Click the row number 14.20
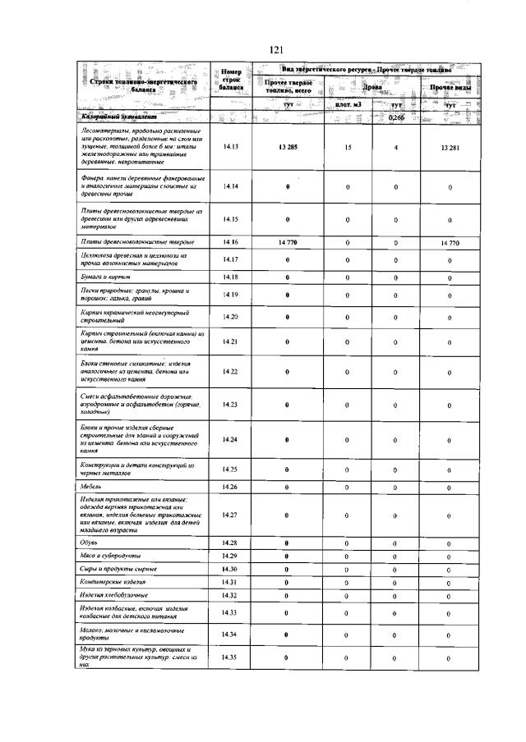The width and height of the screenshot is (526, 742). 230,317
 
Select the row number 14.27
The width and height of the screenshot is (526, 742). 230,515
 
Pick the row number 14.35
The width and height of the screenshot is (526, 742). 230,658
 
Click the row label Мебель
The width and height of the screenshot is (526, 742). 92,487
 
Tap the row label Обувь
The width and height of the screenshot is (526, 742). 90,543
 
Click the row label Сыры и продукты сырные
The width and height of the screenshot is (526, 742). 119,569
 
